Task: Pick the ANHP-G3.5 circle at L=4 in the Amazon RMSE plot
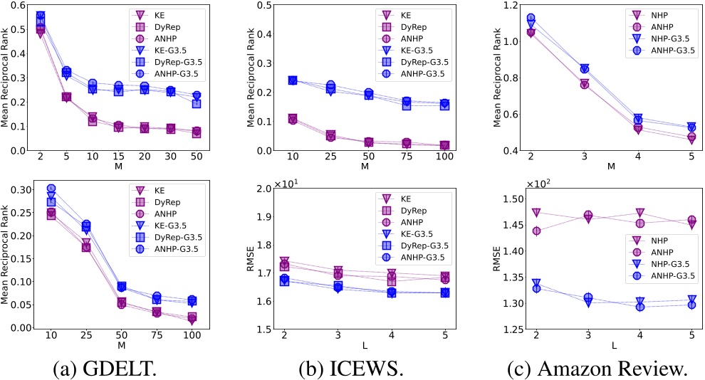click(639, 306)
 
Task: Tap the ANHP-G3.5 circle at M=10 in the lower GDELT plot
click(51, 189)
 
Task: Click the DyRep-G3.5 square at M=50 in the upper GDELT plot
click(196, 103)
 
